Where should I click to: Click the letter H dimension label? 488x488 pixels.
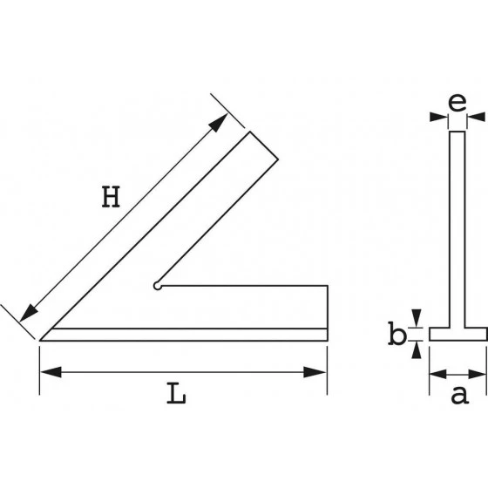(x=110, y=199)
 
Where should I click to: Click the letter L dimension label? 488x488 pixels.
(x=177, y=394)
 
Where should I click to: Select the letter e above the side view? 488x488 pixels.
(x=456, y=101)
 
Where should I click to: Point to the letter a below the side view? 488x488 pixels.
(x=458, y=396)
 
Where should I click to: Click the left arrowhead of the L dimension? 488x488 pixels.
(x=49, y=372)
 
